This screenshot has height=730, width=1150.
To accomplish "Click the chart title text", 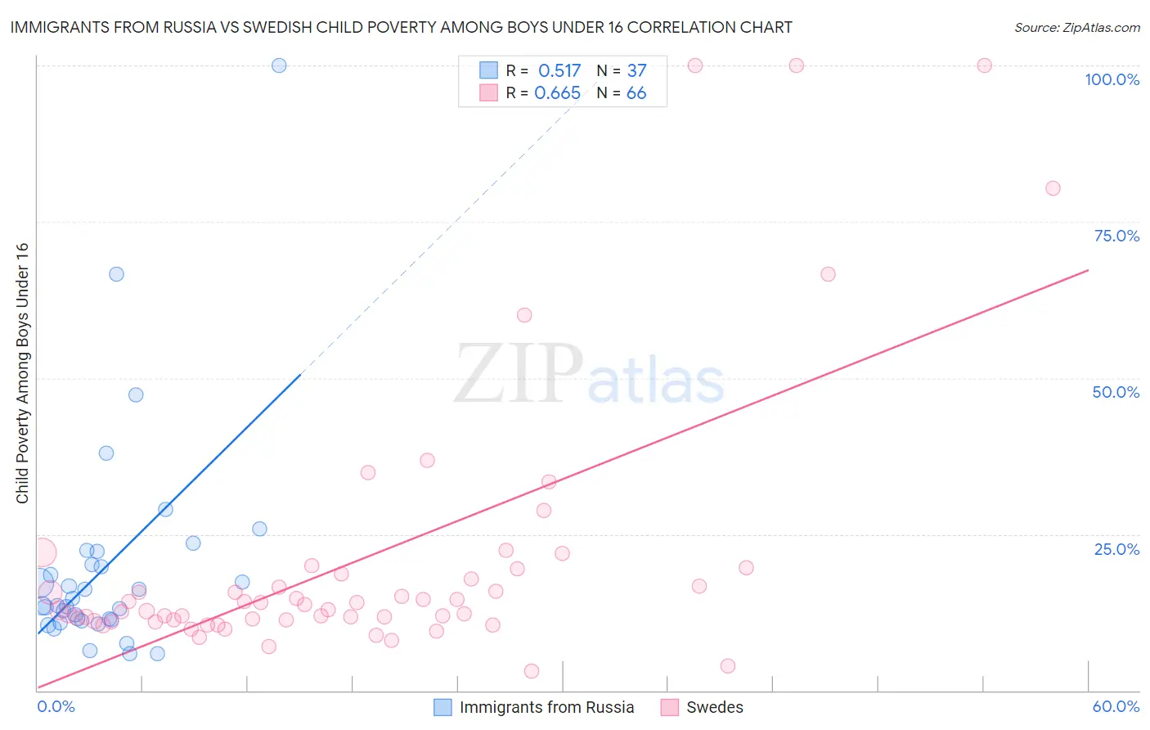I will tap(401, 27).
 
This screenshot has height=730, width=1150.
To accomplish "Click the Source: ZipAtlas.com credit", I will tap(1076, 27).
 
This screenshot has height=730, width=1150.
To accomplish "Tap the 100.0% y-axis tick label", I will tap(1112, 79).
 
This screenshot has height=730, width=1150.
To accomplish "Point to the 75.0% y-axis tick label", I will tap(1116, 236).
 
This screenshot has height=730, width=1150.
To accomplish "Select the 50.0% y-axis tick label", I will tap(1116, 392).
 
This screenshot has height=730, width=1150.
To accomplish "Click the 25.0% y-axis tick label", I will tap(1116, 549).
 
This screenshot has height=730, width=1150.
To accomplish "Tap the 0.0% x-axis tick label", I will tap(56, 706).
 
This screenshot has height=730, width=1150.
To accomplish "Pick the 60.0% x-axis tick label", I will tap(1116, 706).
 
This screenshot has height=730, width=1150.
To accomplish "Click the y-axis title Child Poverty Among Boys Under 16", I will tap(22, 373).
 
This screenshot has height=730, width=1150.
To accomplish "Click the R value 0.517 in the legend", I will tap(559, 71).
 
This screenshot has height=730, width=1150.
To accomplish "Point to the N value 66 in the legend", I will tap(636, 93).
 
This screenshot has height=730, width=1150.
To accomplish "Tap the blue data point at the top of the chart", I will tap(279, 65).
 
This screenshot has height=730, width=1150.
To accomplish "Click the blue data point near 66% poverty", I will tap(116, 274).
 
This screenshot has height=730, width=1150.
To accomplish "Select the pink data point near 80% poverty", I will tap(1053, 188).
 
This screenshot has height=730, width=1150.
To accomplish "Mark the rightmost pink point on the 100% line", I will tap(985, 65).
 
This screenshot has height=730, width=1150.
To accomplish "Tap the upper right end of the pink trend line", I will tap(1088, 269).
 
